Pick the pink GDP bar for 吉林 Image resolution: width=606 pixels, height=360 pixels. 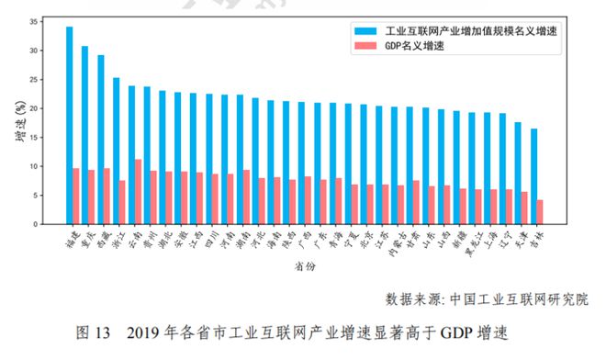[539, 212]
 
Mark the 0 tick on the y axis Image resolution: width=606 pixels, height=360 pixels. [36, 224]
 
